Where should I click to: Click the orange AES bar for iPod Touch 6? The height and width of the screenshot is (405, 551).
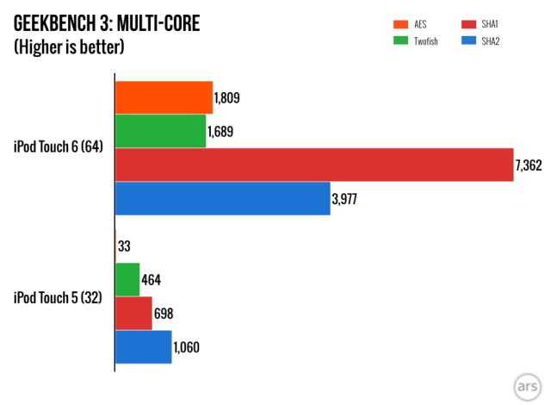tap(164, 97)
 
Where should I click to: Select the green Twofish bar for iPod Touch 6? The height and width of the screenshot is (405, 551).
tap(160, 131)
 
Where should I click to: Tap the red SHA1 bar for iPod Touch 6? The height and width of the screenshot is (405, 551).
tap(314, 165)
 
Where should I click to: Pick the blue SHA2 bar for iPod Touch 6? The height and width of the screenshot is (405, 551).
tap(222, 198)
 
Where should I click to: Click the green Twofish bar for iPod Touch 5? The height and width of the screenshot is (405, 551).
tap(127, 279)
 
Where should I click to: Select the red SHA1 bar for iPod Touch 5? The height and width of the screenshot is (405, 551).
tap(133, 313)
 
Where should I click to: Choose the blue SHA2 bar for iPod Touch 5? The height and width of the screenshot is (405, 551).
tap(143, 346)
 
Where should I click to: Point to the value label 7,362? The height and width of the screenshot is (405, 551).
tap(529, 165)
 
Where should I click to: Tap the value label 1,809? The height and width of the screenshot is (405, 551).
tap(227, 98)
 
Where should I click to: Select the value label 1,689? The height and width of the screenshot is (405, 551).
tap(221, 132)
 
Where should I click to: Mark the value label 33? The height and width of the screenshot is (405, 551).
tap(125, 246)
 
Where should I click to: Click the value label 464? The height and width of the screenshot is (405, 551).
tap(152, 280)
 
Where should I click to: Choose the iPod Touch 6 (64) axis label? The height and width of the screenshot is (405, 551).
tap(59, 147)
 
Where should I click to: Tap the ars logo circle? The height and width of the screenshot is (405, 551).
tap(524, 384)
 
